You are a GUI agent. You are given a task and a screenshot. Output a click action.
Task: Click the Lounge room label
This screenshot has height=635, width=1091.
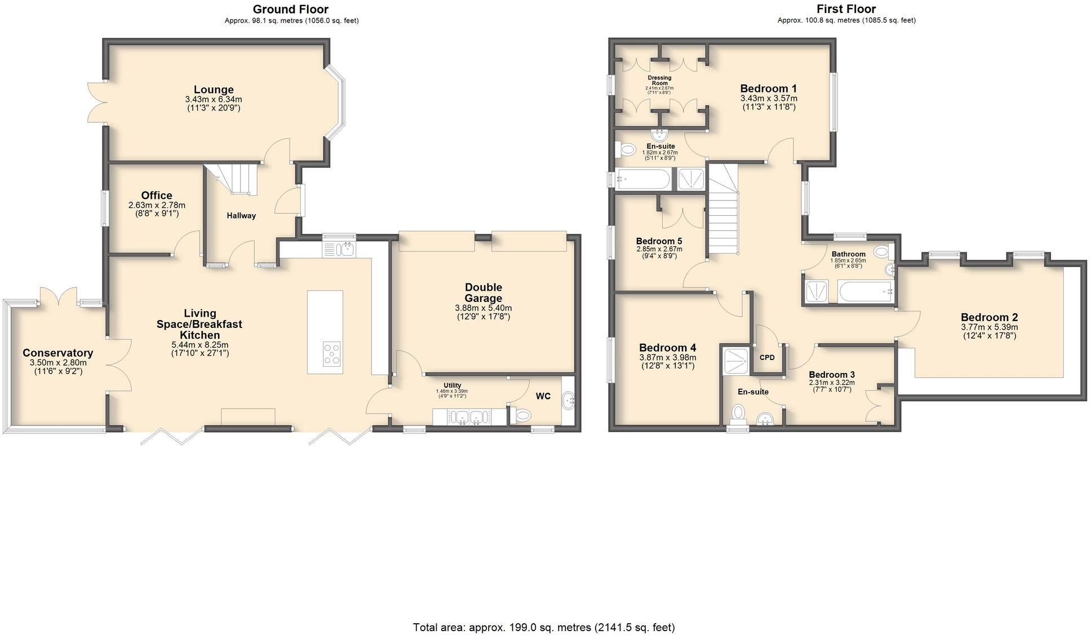click(x=214, y=90)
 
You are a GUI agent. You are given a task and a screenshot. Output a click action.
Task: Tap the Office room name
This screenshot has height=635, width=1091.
click(x=157, y=196)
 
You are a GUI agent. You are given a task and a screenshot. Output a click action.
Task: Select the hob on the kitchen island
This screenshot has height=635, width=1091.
click(x=331, y=354)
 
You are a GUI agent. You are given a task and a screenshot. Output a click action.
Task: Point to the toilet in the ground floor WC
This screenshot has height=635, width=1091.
click(x=522, y=415)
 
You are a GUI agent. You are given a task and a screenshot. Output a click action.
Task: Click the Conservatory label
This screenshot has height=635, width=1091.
click(x=57, y=353)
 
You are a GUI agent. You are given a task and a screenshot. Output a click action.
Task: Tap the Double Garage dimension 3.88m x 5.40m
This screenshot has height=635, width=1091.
click(x=483, y=308)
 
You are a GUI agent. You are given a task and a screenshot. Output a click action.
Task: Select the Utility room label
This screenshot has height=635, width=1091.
click(x=452, y=385)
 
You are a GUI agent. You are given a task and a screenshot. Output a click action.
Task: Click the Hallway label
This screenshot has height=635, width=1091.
click(x=241, y=215)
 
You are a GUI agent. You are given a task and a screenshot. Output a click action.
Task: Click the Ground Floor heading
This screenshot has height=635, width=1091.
click(x=290, y=9)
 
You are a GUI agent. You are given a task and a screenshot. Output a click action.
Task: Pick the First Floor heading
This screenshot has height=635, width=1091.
click(x=846, y=9)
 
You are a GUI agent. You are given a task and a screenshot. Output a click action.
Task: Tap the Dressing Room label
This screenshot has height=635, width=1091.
click(x=659, y=80)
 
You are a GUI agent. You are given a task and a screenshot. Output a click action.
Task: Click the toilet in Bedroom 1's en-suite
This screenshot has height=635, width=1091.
click(x=625, y=150)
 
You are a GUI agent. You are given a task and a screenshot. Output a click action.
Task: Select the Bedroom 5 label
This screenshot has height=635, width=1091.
click(x=659, y=241)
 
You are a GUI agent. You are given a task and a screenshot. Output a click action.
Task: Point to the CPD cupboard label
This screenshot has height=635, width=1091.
click(x=767, y=357)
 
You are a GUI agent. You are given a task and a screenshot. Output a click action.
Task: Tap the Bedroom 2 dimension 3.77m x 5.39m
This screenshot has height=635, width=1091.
click(x=989, y=327)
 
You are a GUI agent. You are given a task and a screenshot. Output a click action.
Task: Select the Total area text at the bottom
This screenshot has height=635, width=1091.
click(x=544, y=627)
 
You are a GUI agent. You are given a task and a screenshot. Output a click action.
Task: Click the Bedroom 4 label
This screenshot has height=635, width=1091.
click(x=667, y=348)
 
